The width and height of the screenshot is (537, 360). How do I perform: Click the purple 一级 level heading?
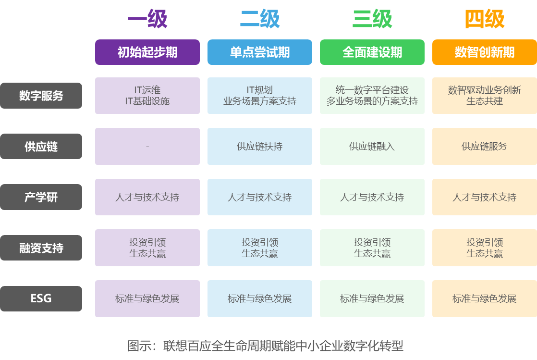(x=147, y=20)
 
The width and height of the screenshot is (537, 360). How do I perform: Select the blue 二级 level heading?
(x=260, y=20)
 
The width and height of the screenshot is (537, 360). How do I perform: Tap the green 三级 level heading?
(x=372, y=20)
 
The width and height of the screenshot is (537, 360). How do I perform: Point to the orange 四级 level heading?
(x=485, y=20)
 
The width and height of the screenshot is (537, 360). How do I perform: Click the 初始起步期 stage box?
(x=147, y=52)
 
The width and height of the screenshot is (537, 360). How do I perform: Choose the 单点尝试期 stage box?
(x=260, y=52)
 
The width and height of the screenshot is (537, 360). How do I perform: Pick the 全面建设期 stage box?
(x=372, y=52)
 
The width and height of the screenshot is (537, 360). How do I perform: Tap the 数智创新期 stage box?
(x=485, y=52)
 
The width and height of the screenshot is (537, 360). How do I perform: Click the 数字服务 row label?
(x=41, y=96)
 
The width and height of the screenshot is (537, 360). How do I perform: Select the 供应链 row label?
(x=41, y=147)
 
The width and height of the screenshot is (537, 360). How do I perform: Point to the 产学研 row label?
(x=41, y=197)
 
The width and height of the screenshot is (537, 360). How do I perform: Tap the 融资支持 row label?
(x=41, y=248)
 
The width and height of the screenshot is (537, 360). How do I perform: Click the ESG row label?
(x=41, y=298)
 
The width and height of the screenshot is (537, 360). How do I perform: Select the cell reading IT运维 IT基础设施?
(x=147, y=96)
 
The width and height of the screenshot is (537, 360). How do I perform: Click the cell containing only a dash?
(x=147, y=147)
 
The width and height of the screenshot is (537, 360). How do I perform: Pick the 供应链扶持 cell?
(x=260, y=147)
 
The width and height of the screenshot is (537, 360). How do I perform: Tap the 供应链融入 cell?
(x=372, y=147)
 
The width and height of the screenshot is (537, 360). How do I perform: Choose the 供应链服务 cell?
(x=485, y=147)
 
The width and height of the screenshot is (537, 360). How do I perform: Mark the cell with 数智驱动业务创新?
(x=485, y=96)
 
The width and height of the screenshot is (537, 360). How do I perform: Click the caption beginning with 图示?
(x=265, y=346)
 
